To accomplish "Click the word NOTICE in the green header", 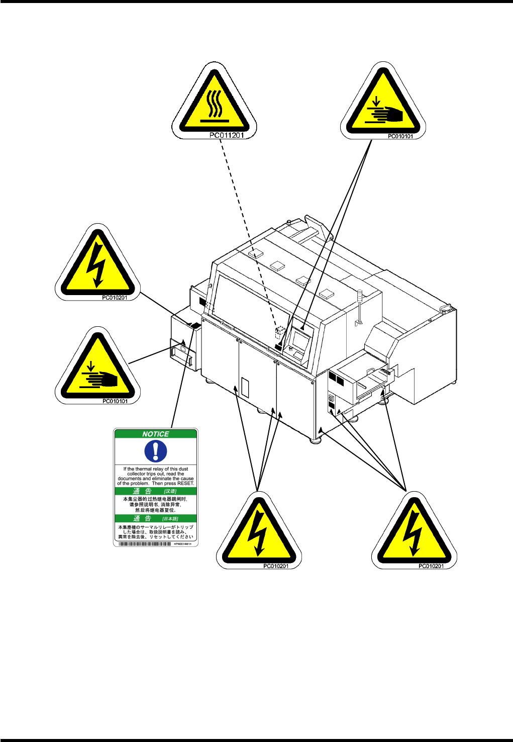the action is point(156,434).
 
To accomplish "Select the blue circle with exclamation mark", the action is point(156,451).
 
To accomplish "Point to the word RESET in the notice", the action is point(185,484).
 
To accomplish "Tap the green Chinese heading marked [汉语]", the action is point(156,491).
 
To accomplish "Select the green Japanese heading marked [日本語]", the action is point(156,518).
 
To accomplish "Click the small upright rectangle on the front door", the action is point(245,388).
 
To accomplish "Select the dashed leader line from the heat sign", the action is point(246,231).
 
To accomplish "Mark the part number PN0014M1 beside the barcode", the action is point(183,544).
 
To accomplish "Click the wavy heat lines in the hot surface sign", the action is point(215,104).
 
